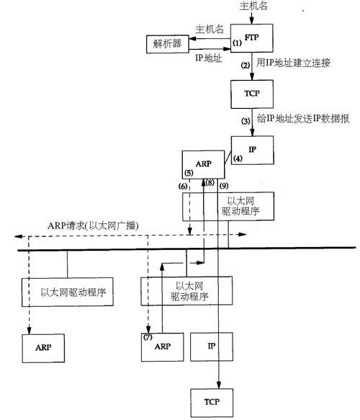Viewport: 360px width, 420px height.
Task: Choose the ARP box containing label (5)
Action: pyautogui.click(x=202, y=164)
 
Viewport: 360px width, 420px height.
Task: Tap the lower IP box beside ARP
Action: pyautogui.click(x=212, y=347)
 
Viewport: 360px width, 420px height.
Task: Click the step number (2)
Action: pyautogui.click(x=245, y=66)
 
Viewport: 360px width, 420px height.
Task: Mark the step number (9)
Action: pyautogui.click(x=223, y=184)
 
